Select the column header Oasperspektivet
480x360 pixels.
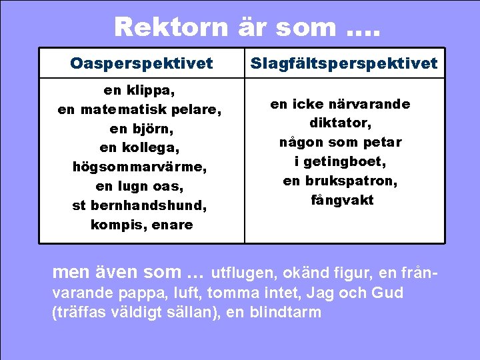[141, 63]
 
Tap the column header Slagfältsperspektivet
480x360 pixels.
[344, 63]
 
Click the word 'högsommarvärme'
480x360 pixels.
[139, 167]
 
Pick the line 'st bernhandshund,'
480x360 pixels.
[139, 205]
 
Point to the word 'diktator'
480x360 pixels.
[340, 123]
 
